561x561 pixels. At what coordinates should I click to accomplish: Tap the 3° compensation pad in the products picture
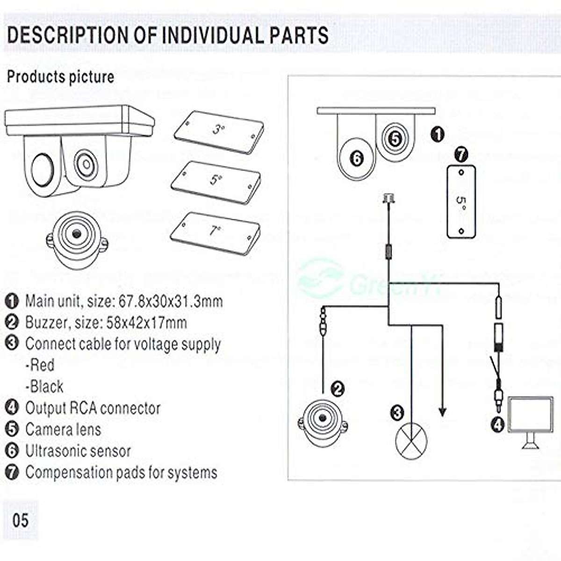[219, 132]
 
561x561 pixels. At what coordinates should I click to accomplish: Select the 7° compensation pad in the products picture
[215, 234]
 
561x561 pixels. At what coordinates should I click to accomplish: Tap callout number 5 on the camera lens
[395, 139]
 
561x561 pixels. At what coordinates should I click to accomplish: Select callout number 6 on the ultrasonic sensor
[357, 158]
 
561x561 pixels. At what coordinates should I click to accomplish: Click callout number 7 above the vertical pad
[461, 155]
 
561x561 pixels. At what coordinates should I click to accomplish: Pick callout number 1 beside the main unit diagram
[437, 135]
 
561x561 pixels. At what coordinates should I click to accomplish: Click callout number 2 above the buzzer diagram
[338, 389]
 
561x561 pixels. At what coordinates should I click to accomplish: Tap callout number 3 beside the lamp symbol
[397, 413]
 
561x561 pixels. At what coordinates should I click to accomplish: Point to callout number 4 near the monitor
[497, 425]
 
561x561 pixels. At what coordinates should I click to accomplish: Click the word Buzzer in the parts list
[47, 323]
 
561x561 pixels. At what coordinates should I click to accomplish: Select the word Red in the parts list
[40, 365]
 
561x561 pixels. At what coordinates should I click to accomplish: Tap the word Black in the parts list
[44, 386]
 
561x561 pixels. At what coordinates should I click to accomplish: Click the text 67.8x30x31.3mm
[171, 302]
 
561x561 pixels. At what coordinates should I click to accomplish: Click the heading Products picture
[61, 77]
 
